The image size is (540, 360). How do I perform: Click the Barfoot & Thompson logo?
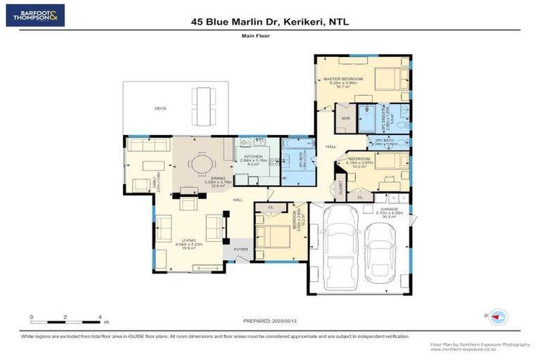(x=35, y=15)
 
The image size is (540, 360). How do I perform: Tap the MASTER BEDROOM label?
(x=342, y=78)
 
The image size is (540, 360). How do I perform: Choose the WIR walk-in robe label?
(x=345, y=119)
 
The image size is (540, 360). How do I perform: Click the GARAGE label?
(x=390, y=209)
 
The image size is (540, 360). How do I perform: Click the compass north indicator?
(x=499, y=317)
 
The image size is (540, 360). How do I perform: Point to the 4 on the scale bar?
(x=100, y=317)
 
